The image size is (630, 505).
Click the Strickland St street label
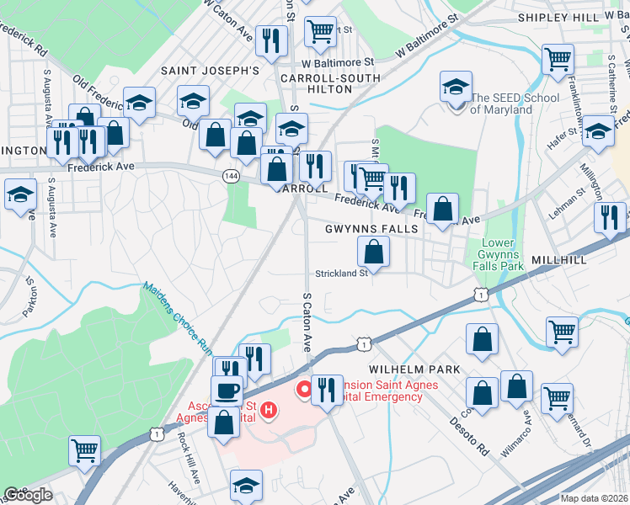click(x=342, y=273)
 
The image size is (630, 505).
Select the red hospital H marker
click(x=269, y=410)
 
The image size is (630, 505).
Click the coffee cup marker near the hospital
click(x=227, y=391)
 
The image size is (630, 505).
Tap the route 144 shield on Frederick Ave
click(x=230, y=175)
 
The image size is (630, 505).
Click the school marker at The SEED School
click(x=456, y=88)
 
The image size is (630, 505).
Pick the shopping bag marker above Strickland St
click(x=374, y=251)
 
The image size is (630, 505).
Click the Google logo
click(x=28, y=495)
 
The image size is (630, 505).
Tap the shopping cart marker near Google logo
click(x=84, y=451)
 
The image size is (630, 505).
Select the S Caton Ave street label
click(x=308, y=322)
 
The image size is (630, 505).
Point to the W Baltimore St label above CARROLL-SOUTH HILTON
click(x=337, y=62)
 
